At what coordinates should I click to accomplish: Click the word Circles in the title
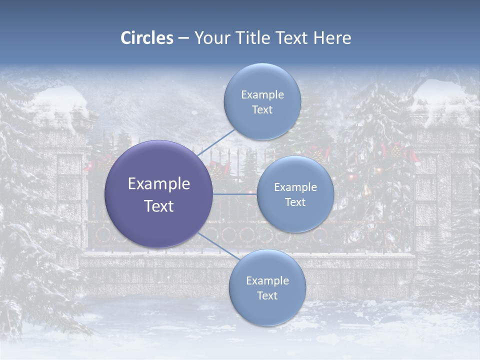147,38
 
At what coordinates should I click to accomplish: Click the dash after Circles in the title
183,38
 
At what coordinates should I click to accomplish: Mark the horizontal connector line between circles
234,194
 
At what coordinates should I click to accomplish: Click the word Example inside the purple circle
159,184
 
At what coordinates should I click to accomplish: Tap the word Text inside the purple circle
159,206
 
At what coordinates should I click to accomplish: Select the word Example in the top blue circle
262,95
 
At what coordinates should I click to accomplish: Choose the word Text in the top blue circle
262,110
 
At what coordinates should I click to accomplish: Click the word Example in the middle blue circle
295,187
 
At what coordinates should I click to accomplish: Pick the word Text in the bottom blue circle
267,295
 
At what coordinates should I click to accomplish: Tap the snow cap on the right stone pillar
440,95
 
